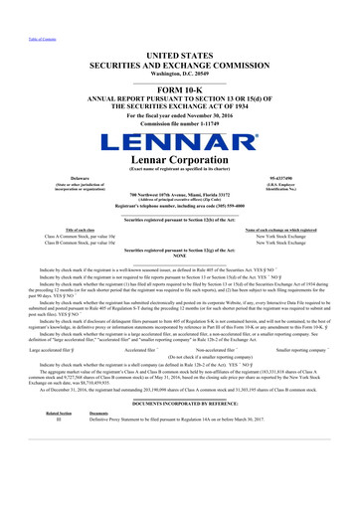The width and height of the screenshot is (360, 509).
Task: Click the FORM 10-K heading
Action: [179, 80]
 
